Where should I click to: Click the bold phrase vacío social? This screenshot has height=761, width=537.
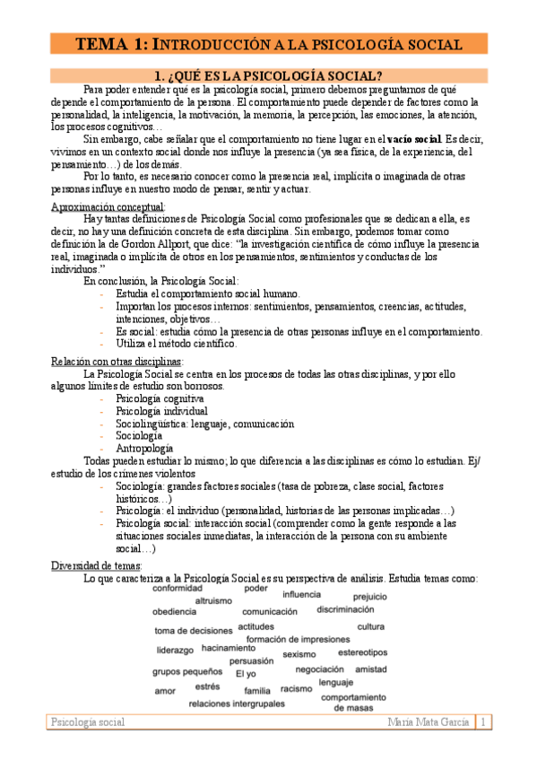point(414,139)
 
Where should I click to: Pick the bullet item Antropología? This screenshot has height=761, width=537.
point(144,448)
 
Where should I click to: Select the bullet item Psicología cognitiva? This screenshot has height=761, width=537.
point(160,398)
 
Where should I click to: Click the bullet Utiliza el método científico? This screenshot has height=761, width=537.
point(177,343)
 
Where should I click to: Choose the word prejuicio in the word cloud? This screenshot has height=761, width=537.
point(369,596)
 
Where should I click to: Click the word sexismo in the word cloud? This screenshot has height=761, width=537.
point(299,654)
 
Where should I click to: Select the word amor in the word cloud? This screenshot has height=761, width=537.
point(165,691)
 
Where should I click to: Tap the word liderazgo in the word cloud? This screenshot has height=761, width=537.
point(175,650)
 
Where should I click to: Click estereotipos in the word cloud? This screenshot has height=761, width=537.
point(363,652)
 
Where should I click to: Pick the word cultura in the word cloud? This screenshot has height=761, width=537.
point(370,626)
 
